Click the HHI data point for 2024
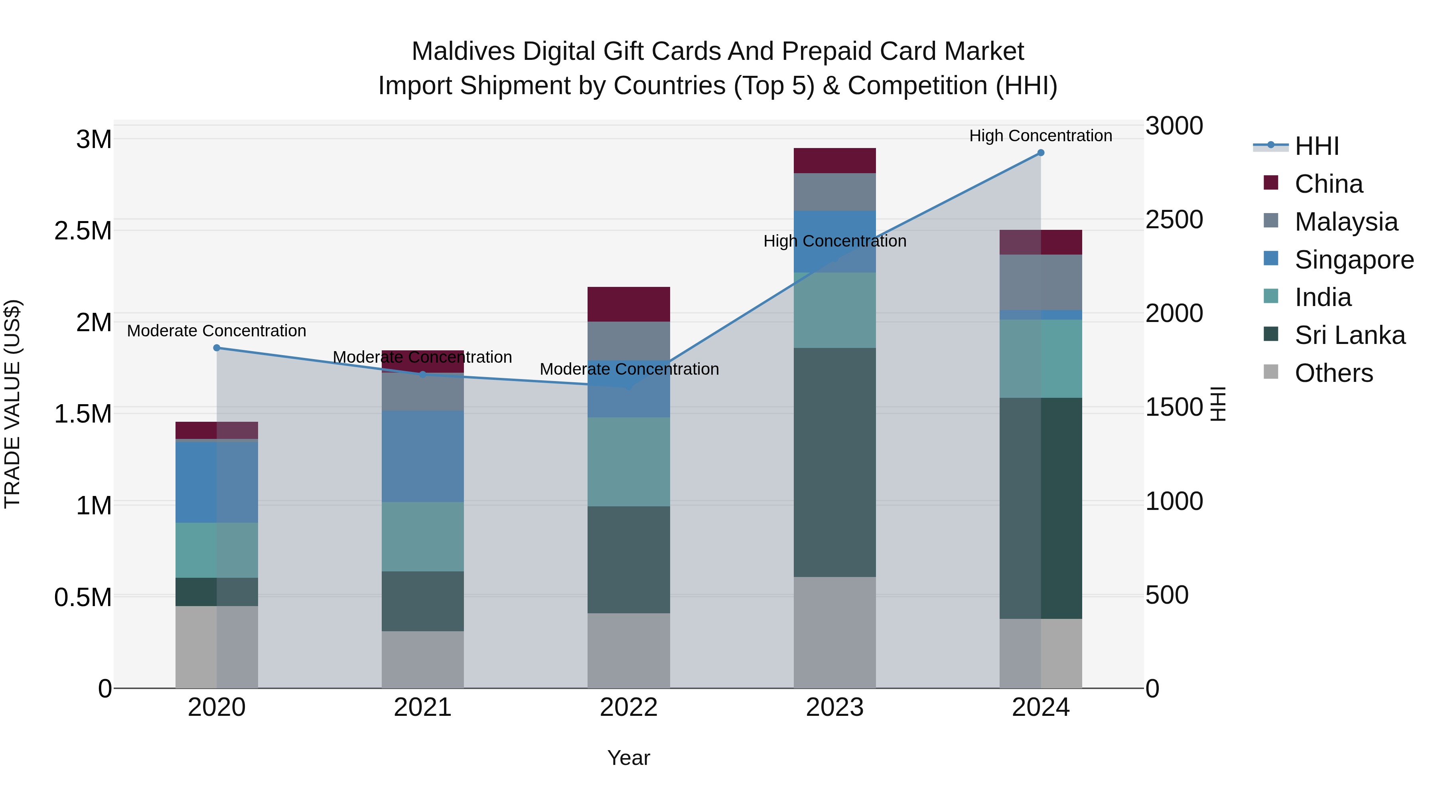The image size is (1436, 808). [x=1040, y=153]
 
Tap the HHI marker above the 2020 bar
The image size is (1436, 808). [x=217, y=348]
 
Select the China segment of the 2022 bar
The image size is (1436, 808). [x=628, y=304]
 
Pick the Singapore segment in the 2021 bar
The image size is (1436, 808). [x=422, y=456]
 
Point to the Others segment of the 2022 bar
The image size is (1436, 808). [x=628, y=650]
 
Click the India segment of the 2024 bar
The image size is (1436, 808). [x=1040, y=359]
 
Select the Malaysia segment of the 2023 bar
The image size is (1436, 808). [x=834, y=192]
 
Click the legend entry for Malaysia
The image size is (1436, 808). [x=1346, y=222]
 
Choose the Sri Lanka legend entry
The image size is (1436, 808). [x=1349, y=336]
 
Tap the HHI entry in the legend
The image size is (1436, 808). [x=1316, y=146]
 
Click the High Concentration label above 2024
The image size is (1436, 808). [x=1040, y=136]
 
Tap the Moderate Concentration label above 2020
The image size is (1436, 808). [x=217, y=331]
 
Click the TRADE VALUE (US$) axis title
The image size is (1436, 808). [x=12, y=404]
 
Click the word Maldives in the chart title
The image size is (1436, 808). [x=463, y=51]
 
